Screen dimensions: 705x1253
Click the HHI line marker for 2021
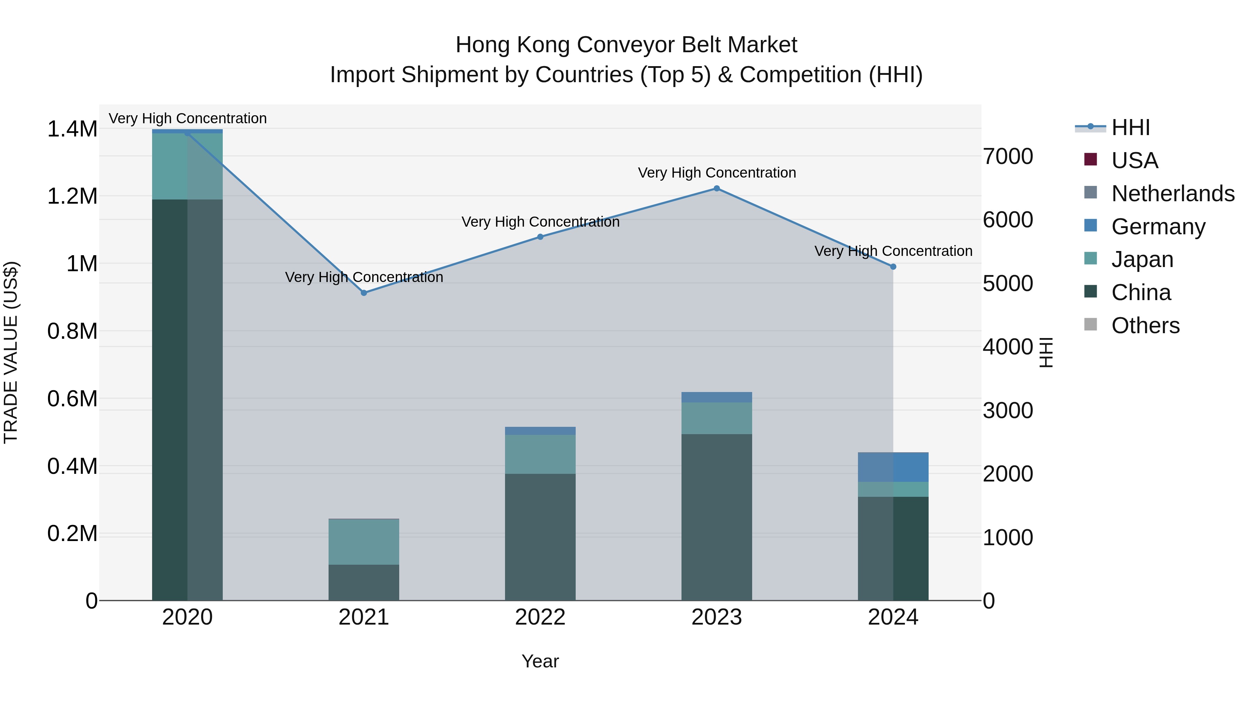pos(364,293)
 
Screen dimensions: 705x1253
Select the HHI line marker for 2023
pos(717,188)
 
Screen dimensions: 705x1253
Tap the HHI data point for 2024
pos(893,267)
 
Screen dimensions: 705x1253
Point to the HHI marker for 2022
pos(540,237)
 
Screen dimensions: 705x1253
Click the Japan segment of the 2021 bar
pos(364,541)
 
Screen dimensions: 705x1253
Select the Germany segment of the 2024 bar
pos(893,467)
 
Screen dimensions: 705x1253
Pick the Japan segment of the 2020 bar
pos(187,166)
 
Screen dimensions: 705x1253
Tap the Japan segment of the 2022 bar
pos(540,454)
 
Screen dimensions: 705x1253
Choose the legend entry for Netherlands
pos(1173,194)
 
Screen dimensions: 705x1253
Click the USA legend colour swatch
pos(1090,159)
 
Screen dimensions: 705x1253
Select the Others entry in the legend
pos(1145,326)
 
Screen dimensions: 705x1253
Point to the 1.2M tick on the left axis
pos(72,197)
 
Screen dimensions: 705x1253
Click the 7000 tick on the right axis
pos(1007,157)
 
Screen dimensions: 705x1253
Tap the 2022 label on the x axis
pos(540,617)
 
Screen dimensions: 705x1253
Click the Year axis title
pos(540,661)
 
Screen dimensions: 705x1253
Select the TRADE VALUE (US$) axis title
pos(11,352)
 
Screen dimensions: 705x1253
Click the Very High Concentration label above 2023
pos(717,173)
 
